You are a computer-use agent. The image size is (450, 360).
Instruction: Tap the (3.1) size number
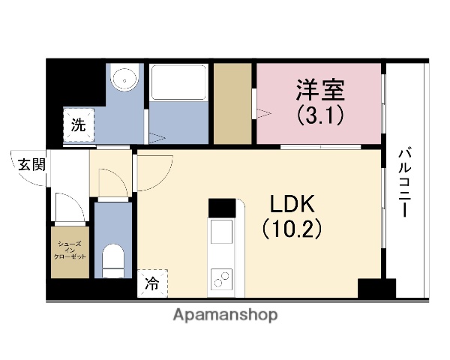pos(320,117)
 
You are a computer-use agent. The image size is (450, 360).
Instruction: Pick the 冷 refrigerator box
pos(152,283)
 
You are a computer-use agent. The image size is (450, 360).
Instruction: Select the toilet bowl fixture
pos(113,259)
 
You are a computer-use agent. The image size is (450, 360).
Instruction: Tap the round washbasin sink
pos(124,78)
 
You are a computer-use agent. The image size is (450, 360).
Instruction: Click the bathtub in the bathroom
pos(178,83)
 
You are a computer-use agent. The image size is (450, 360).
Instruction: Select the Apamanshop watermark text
pos(225,315)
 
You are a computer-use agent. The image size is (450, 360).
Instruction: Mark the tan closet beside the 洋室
pos(232,103)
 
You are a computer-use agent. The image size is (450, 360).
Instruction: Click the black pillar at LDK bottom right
pos(376,289)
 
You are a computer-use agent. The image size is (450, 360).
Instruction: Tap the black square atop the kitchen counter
pos(222,206)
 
